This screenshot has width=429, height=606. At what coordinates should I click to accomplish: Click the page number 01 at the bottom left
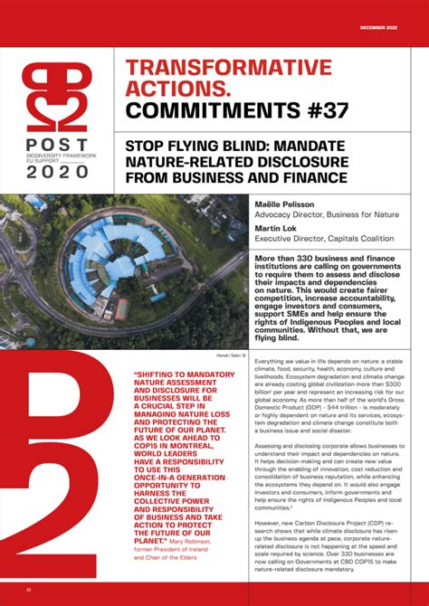(x=29, y=591)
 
